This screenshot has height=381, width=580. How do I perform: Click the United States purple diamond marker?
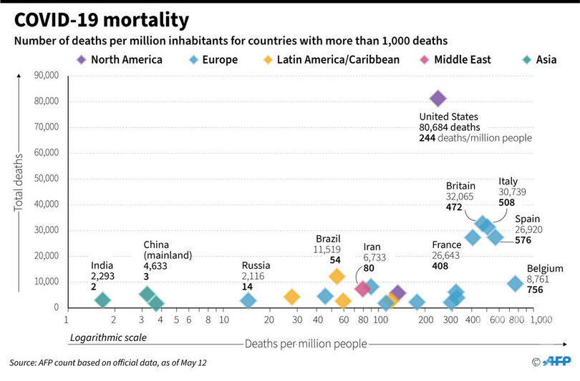coord(438,99)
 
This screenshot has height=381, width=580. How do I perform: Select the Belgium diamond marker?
coord(516,284)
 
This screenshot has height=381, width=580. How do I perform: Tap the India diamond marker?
coord(102,300)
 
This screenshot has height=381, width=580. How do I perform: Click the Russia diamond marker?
coord(248,300)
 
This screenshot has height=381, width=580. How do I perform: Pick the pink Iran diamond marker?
coord(362,288)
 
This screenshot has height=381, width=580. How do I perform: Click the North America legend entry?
coord(119,59)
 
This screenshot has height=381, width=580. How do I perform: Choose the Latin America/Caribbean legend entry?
coord(331,59)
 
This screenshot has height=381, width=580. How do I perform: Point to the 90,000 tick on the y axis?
coord(47,75)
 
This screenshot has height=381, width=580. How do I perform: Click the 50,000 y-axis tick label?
coord(47,178)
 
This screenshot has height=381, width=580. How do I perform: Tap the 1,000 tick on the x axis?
coord(541,320)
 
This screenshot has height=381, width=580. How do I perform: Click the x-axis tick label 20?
coord(269,320)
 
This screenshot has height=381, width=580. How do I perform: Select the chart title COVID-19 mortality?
coord(102,20)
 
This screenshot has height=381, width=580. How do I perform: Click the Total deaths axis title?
coord(18,182)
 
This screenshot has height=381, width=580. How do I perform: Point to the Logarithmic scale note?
coord(108,337)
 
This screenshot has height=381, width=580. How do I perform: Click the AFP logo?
coord(556,361)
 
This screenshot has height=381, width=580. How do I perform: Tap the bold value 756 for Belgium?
coord(535,290)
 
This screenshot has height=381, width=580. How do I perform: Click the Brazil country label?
coord(328,239)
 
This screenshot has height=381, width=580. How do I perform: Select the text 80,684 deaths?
coord(450,127)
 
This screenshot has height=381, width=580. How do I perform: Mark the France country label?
coord(447,244)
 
